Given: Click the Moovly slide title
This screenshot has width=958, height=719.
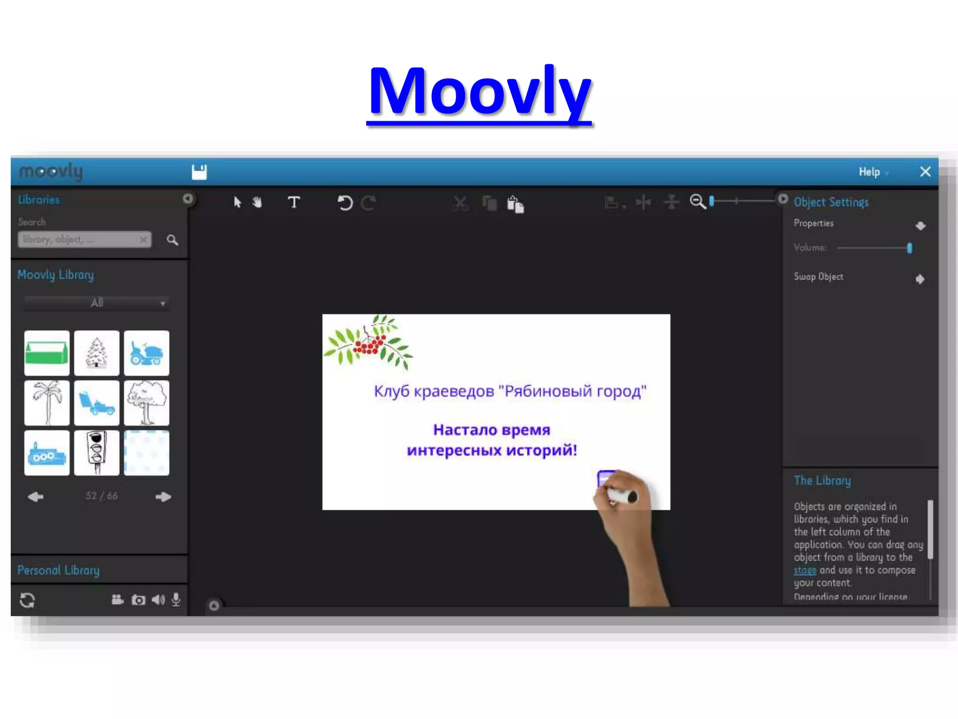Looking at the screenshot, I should point(479,91).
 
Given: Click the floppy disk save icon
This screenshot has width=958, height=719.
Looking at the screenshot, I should point(199,172).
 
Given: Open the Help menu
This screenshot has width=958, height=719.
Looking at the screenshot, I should point(870,172).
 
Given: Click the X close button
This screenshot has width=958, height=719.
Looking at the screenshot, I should point(925,172).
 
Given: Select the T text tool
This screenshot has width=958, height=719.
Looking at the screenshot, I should point(294,203).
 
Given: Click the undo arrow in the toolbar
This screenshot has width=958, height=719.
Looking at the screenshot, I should point(345,203).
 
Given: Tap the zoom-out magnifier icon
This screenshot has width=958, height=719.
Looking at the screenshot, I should point(697,202).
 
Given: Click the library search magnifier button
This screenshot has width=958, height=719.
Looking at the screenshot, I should point(172,240).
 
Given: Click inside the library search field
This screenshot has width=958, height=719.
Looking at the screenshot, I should point(80,240).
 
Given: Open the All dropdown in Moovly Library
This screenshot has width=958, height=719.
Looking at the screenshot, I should point(97,303).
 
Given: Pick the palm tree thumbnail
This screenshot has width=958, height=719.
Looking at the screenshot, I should point(47,403).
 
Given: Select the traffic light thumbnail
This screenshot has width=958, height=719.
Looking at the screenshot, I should point(97,453).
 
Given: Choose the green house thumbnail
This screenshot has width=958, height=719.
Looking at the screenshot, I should point(47,353).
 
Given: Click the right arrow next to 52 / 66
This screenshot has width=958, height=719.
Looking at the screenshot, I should point(163,497).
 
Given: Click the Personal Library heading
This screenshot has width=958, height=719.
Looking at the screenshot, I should point(58,570).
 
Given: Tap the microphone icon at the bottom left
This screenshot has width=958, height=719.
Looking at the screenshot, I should point(176,600).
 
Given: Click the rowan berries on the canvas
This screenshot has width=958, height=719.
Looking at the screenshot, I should point(369,345).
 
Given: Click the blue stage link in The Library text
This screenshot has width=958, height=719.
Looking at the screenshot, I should point(805,571).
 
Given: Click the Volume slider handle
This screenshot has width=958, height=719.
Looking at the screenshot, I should point(909,248).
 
